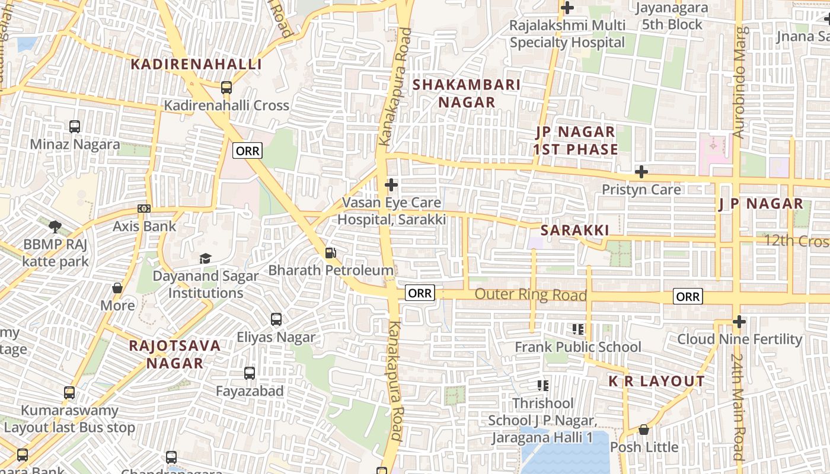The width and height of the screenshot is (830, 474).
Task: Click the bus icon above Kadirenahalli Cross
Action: coord(226,88)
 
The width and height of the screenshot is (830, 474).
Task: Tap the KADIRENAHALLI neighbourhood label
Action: coord(196,65)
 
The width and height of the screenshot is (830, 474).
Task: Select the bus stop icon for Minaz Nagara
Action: coord(75,126)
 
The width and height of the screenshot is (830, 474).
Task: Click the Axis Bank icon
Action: coord(144,209)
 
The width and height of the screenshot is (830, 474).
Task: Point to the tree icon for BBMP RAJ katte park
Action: coord(55,226)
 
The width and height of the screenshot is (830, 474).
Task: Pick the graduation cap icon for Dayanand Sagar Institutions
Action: coord(205,258)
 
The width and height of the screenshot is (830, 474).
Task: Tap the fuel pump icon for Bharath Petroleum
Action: coord(330,253)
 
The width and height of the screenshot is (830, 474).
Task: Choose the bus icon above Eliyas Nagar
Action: coord(276,319)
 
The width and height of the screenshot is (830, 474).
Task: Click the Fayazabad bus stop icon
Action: coord(250,373)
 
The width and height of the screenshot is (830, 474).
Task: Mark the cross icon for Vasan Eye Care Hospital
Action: coord(391,185)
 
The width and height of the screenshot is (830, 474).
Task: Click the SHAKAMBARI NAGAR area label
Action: coord(467,94)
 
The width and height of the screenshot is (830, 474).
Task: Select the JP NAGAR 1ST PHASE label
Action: coord(575,140)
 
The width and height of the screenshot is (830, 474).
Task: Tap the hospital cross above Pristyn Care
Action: coord(641,172)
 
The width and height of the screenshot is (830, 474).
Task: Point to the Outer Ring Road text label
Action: coord(531,294)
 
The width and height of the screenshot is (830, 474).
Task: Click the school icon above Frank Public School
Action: coord(578,329)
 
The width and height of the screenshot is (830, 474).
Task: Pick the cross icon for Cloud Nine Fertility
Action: coord(739,322)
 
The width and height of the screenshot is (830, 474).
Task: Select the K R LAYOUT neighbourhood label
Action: coord(657,382)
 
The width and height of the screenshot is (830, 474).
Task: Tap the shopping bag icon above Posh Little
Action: coord(644,430)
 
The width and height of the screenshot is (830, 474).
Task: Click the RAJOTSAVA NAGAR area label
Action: coord(174,354)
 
